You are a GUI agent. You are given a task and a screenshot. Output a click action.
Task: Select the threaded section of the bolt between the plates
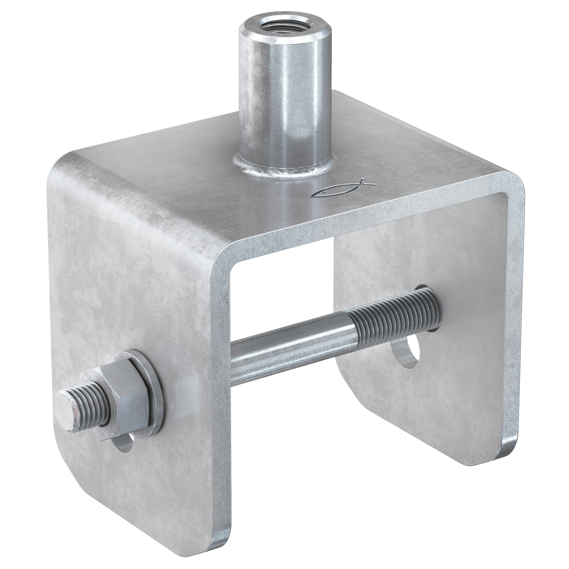pyautogui.click(x=392, y=315)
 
